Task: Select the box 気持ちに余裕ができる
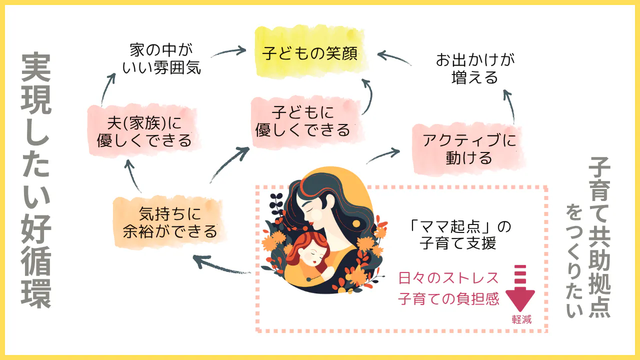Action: coord(170,223)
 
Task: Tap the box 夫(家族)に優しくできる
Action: coord(144,131)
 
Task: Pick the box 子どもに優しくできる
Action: coord(302,121)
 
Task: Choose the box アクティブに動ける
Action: coord(468,148)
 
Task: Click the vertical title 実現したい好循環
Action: coord(36,180)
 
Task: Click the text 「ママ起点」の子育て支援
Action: coord(458,235)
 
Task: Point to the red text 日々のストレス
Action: coord(448,277)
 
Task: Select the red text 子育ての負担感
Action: coord(448,299)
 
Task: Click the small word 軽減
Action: coord(521,319)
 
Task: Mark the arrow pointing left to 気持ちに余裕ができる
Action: coord(220,265)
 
